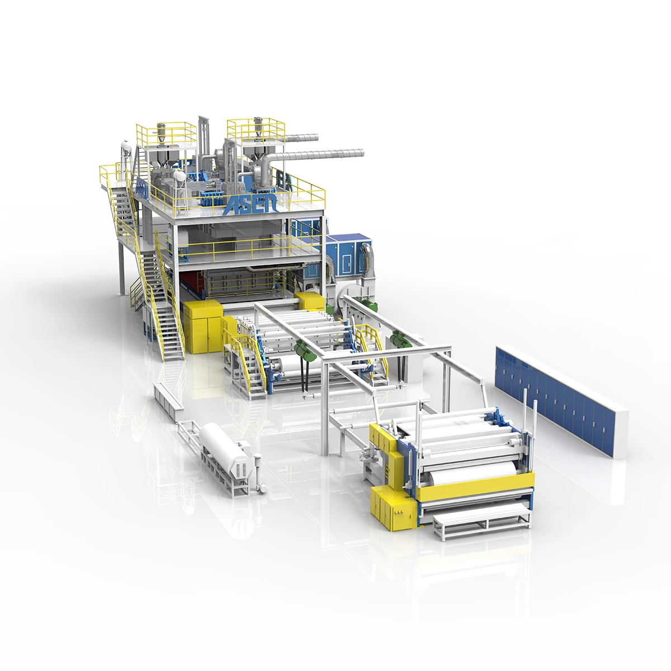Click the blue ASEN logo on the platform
pyautogui.click(x=249, y=204)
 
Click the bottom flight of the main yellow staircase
pyautogui.click(x=171, y=335)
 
